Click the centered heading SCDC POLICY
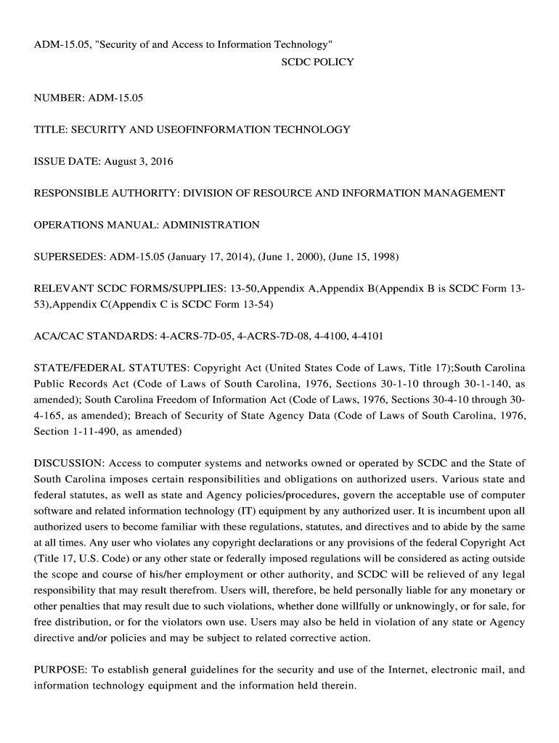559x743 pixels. coord(317,62)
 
